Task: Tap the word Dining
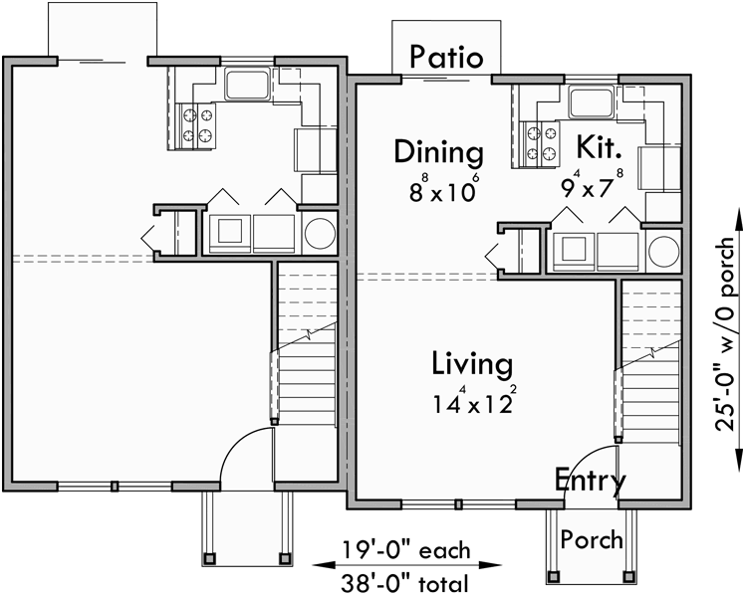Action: [x=438, y=152]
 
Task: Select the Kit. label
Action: [x=600, y=149]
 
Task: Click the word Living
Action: [x=472, y=364]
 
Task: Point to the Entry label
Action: [x=591, y=482]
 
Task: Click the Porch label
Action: [x=591, y=540]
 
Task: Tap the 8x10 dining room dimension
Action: [x=438, y=189]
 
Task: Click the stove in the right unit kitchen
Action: [x=539, y=141]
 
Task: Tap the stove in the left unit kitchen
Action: [x=196, y=124]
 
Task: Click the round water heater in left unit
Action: [x=321, y=233]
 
